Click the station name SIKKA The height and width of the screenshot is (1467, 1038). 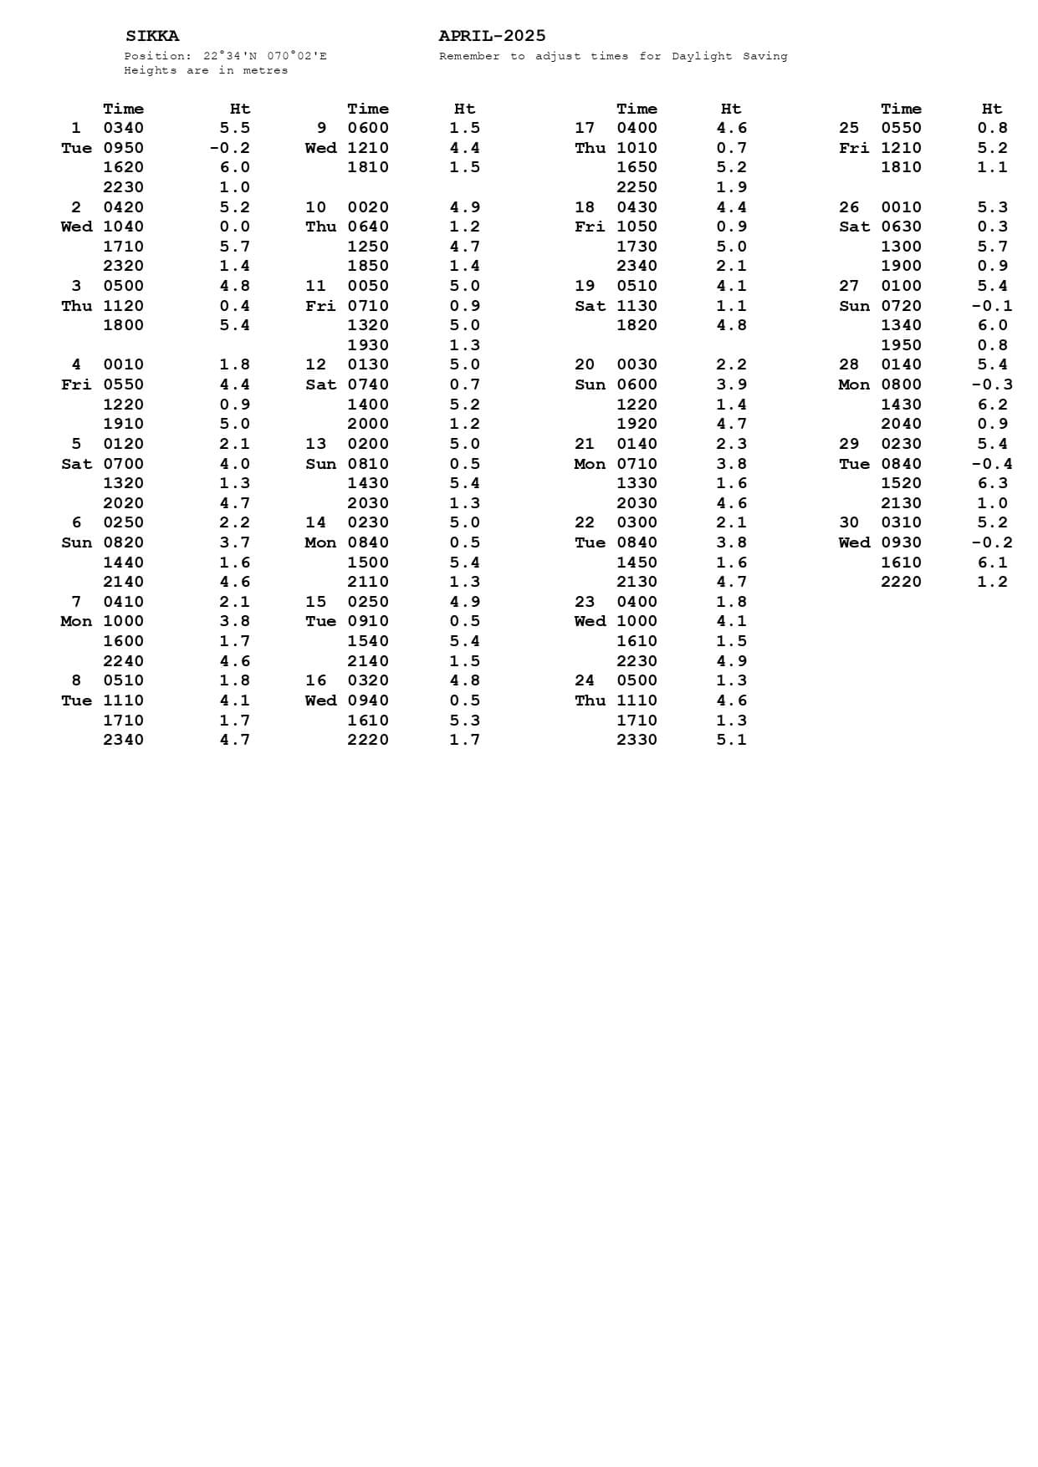pos(152,36)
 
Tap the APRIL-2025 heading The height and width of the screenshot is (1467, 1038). pos(492,36)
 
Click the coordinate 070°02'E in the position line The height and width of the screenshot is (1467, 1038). pos(297,57)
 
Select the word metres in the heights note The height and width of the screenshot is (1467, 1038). pos(265,71)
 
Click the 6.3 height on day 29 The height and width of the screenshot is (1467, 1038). pos(992,483)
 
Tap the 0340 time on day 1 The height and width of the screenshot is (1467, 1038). pos(123,128)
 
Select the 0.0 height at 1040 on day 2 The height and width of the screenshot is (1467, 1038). pos(234,227)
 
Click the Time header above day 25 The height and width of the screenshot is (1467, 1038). pos(901,109)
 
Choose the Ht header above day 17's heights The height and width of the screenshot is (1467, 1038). pos(730,109)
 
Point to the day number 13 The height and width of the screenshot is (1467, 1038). pos(315,444)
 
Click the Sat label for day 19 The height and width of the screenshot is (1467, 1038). pos(590,306)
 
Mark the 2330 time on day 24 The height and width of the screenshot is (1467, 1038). pos(637,740)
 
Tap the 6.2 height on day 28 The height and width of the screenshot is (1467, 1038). pos(992,405)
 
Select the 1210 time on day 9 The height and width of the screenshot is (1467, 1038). pos(368,148)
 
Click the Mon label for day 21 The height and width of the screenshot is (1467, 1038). pos(590,464)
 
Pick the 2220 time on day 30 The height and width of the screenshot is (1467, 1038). pos(901,582)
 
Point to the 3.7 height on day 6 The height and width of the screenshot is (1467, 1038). pos(234,542)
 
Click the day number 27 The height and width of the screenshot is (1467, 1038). pos(848,286)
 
